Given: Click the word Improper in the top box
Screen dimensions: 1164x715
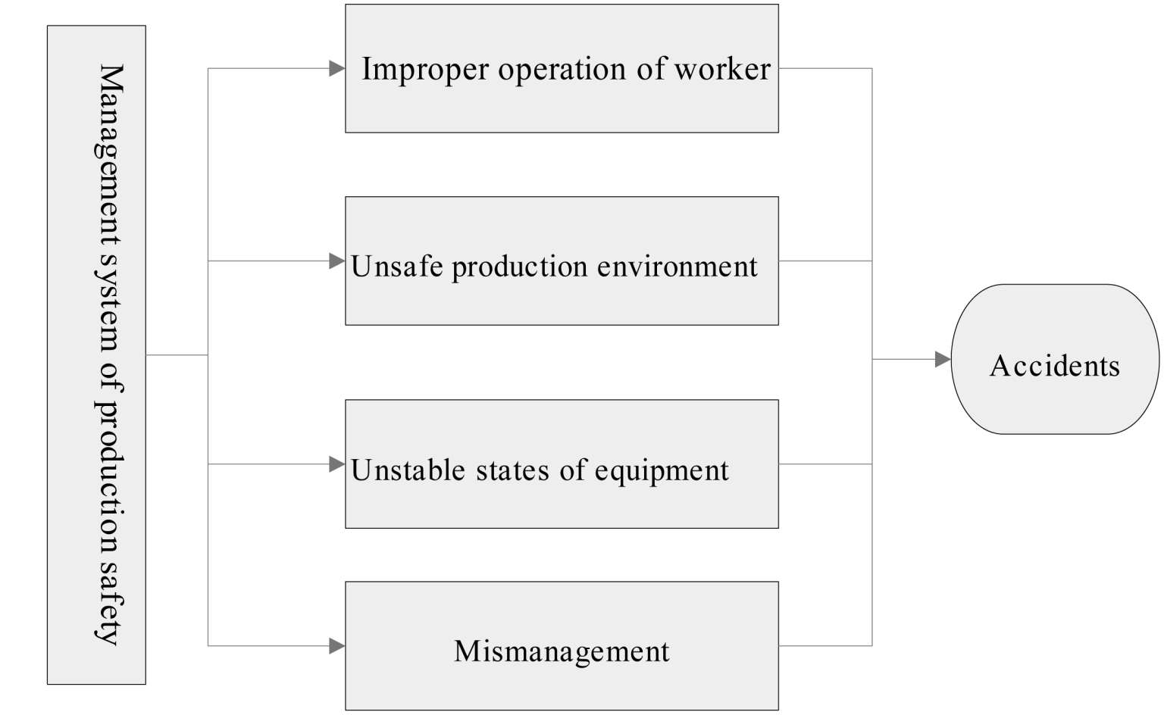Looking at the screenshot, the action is click(425, 70).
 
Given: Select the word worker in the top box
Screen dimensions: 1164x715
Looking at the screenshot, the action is click(722, 68).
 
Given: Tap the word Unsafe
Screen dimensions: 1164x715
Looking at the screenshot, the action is click(397, 267).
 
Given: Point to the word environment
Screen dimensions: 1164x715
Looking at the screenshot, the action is click(677, 267).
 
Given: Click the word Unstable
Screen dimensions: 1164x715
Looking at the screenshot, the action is click(408, 470).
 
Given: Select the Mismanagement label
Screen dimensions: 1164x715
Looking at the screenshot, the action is click(562, 652).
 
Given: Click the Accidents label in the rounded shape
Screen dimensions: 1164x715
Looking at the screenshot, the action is click(1055, 366).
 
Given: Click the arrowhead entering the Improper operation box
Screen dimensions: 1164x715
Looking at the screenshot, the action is click(336, 68).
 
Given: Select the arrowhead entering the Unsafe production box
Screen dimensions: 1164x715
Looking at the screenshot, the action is click(336, 261).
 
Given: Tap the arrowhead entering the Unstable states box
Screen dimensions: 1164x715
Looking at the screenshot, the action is click(336, 464).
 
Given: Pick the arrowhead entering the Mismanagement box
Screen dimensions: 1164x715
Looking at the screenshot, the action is click(336, 646).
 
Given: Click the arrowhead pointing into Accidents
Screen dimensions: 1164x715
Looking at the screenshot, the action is click(943, 359).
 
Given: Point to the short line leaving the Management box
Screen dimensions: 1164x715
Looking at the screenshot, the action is click(177, 355).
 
